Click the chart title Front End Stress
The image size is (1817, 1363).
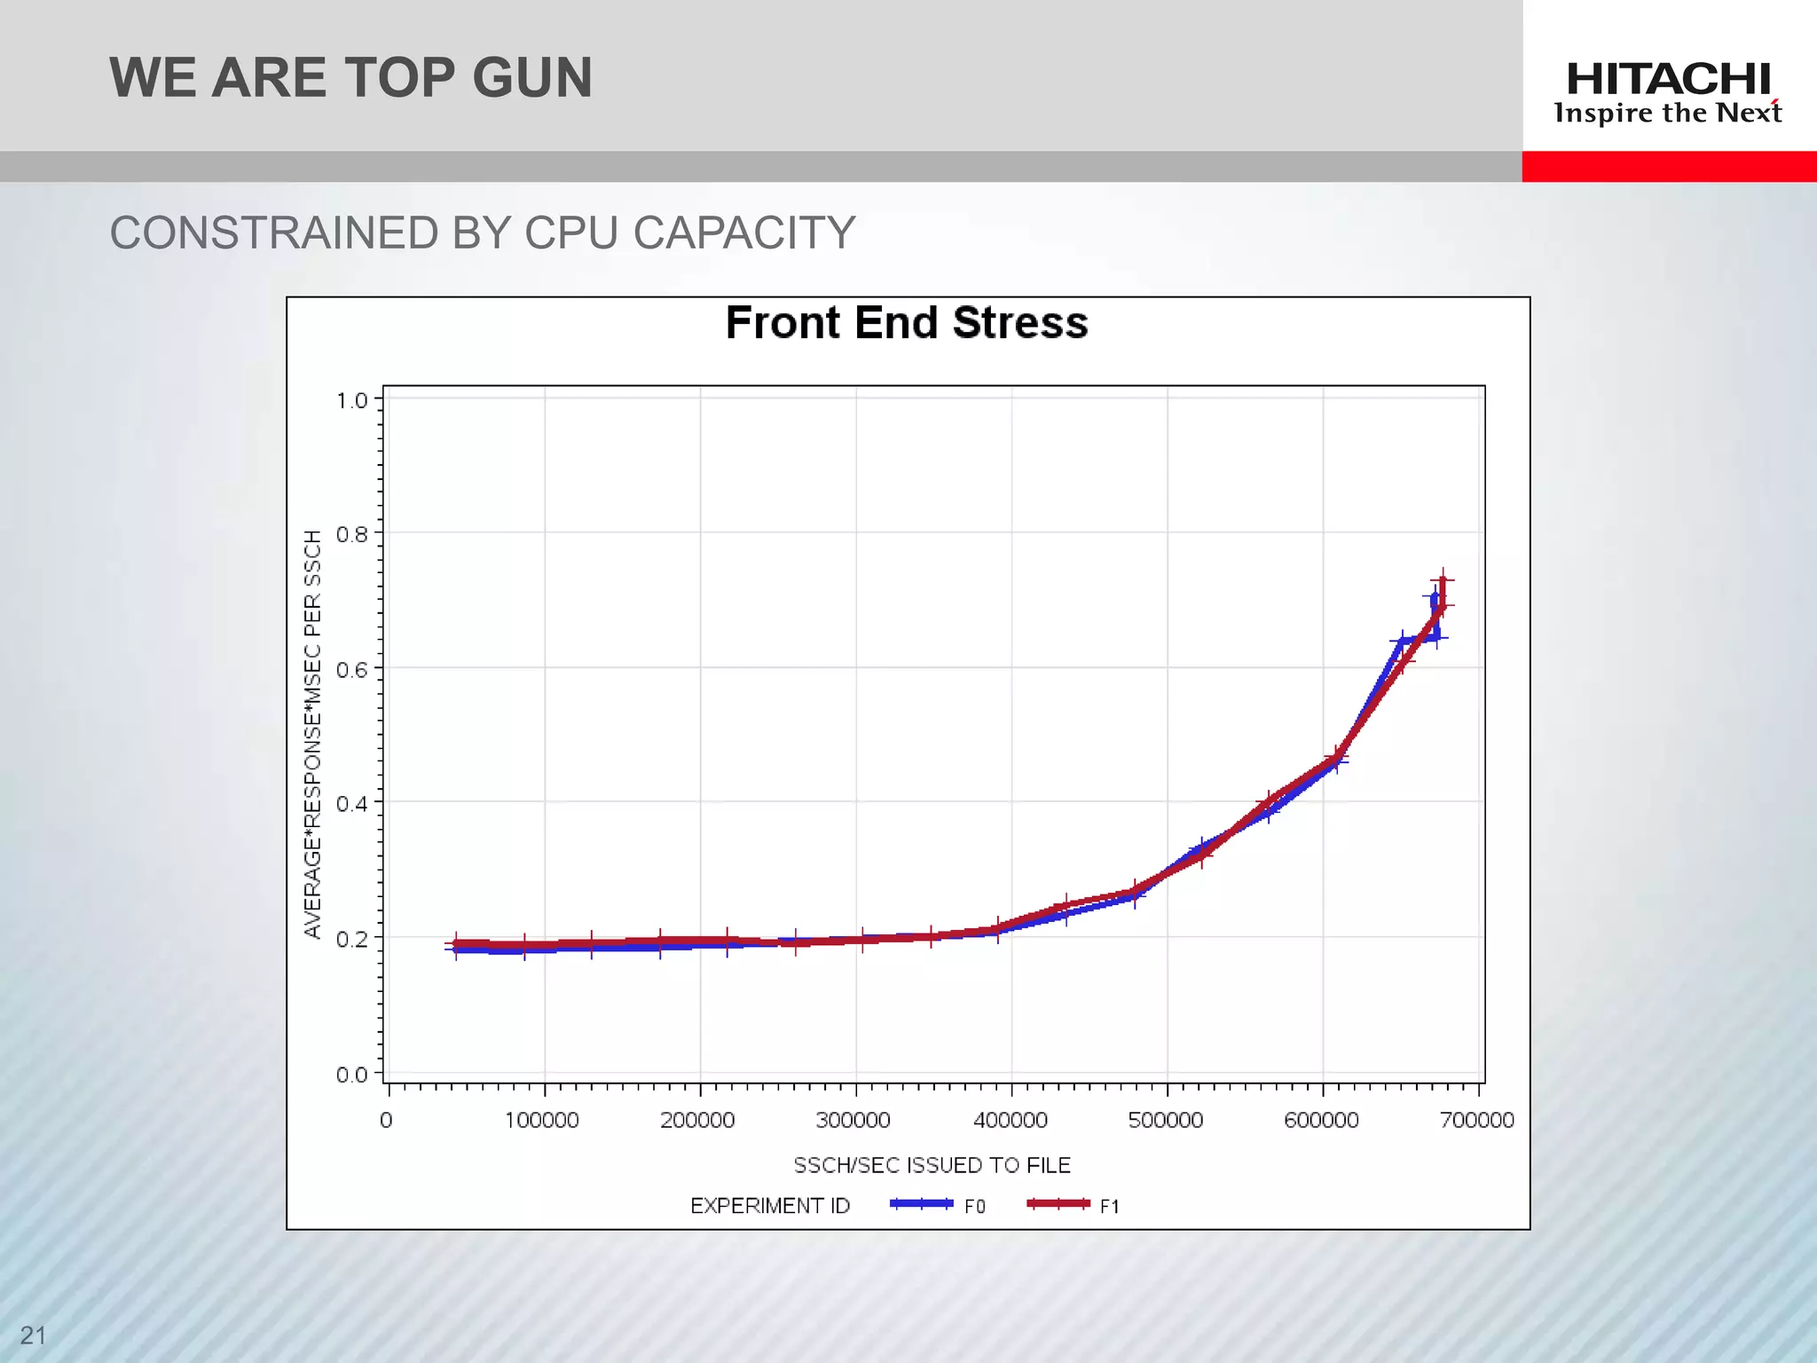click(906, 322)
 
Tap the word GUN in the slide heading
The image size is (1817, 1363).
click(531, 78)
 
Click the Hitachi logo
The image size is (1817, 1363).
click(1668, 80)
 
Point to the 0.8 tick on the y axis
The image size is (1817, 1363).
click(352, 534)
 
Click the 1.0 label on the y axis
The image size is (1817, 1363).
click(352, 400)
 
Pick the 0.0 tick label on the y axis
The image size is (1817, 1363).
click(352, 1075)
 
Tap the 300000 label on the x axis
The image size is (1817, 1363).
click(853, 1120)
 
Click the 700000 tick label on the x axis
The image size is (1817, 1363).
click(1477, 1120)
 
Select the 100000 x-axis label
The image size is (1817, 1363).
click(542, 1120)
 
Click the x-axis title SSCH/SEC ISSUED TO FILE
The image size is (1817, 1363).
click(932, 1165)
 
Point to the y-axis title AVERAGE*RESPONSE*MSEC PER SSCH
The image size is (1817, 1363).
click(312, 734)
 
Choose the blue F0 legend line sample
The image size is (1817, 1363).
click(921, 1204)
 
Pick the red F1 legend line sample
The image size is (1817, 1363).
click(1058, 1204)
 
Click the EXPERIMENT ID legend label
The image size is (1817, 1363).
click(770, 1206)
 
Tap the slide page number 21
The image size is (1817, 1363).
click(33, 1335)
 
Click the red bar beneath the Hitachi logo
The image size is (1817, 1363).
click(1669, 167)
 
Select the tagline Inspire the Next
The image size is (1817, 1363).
click(1668, 114)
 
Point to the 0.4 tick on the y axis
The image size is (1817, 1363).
click(352, 803)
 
